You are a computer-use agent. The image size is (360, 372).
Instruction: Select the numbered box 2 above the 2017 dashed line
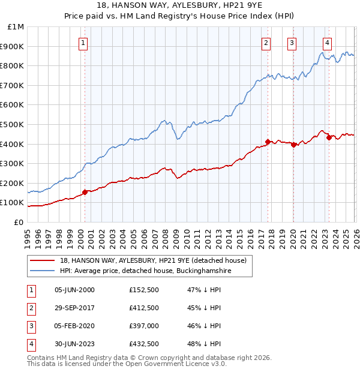[265, 43]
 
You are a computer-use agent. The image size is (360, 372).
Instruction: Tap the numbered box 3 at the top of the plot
[292, 43]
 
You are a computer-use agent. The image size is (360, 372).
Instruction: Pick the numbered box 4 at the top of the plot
[327, 43]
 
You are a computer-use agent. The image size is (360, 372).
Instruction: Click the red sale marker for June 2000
[85, 192]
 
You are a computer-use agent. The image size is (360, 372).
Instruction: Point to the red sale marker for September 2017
[268, 142]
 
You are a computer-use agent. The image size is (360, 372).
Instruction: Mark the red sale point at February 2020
[293, 145]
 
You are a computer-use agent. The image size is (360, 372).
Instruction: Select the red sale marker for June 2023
[329, 137]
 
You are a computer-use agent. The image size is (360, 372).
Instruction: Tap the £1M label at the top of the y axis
[16, 27]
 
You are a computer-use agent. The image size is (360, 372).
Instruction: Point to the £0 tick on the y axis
[19, 222]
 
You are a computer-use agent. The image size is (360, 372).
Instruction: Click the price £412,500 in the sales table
[144, 308]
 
